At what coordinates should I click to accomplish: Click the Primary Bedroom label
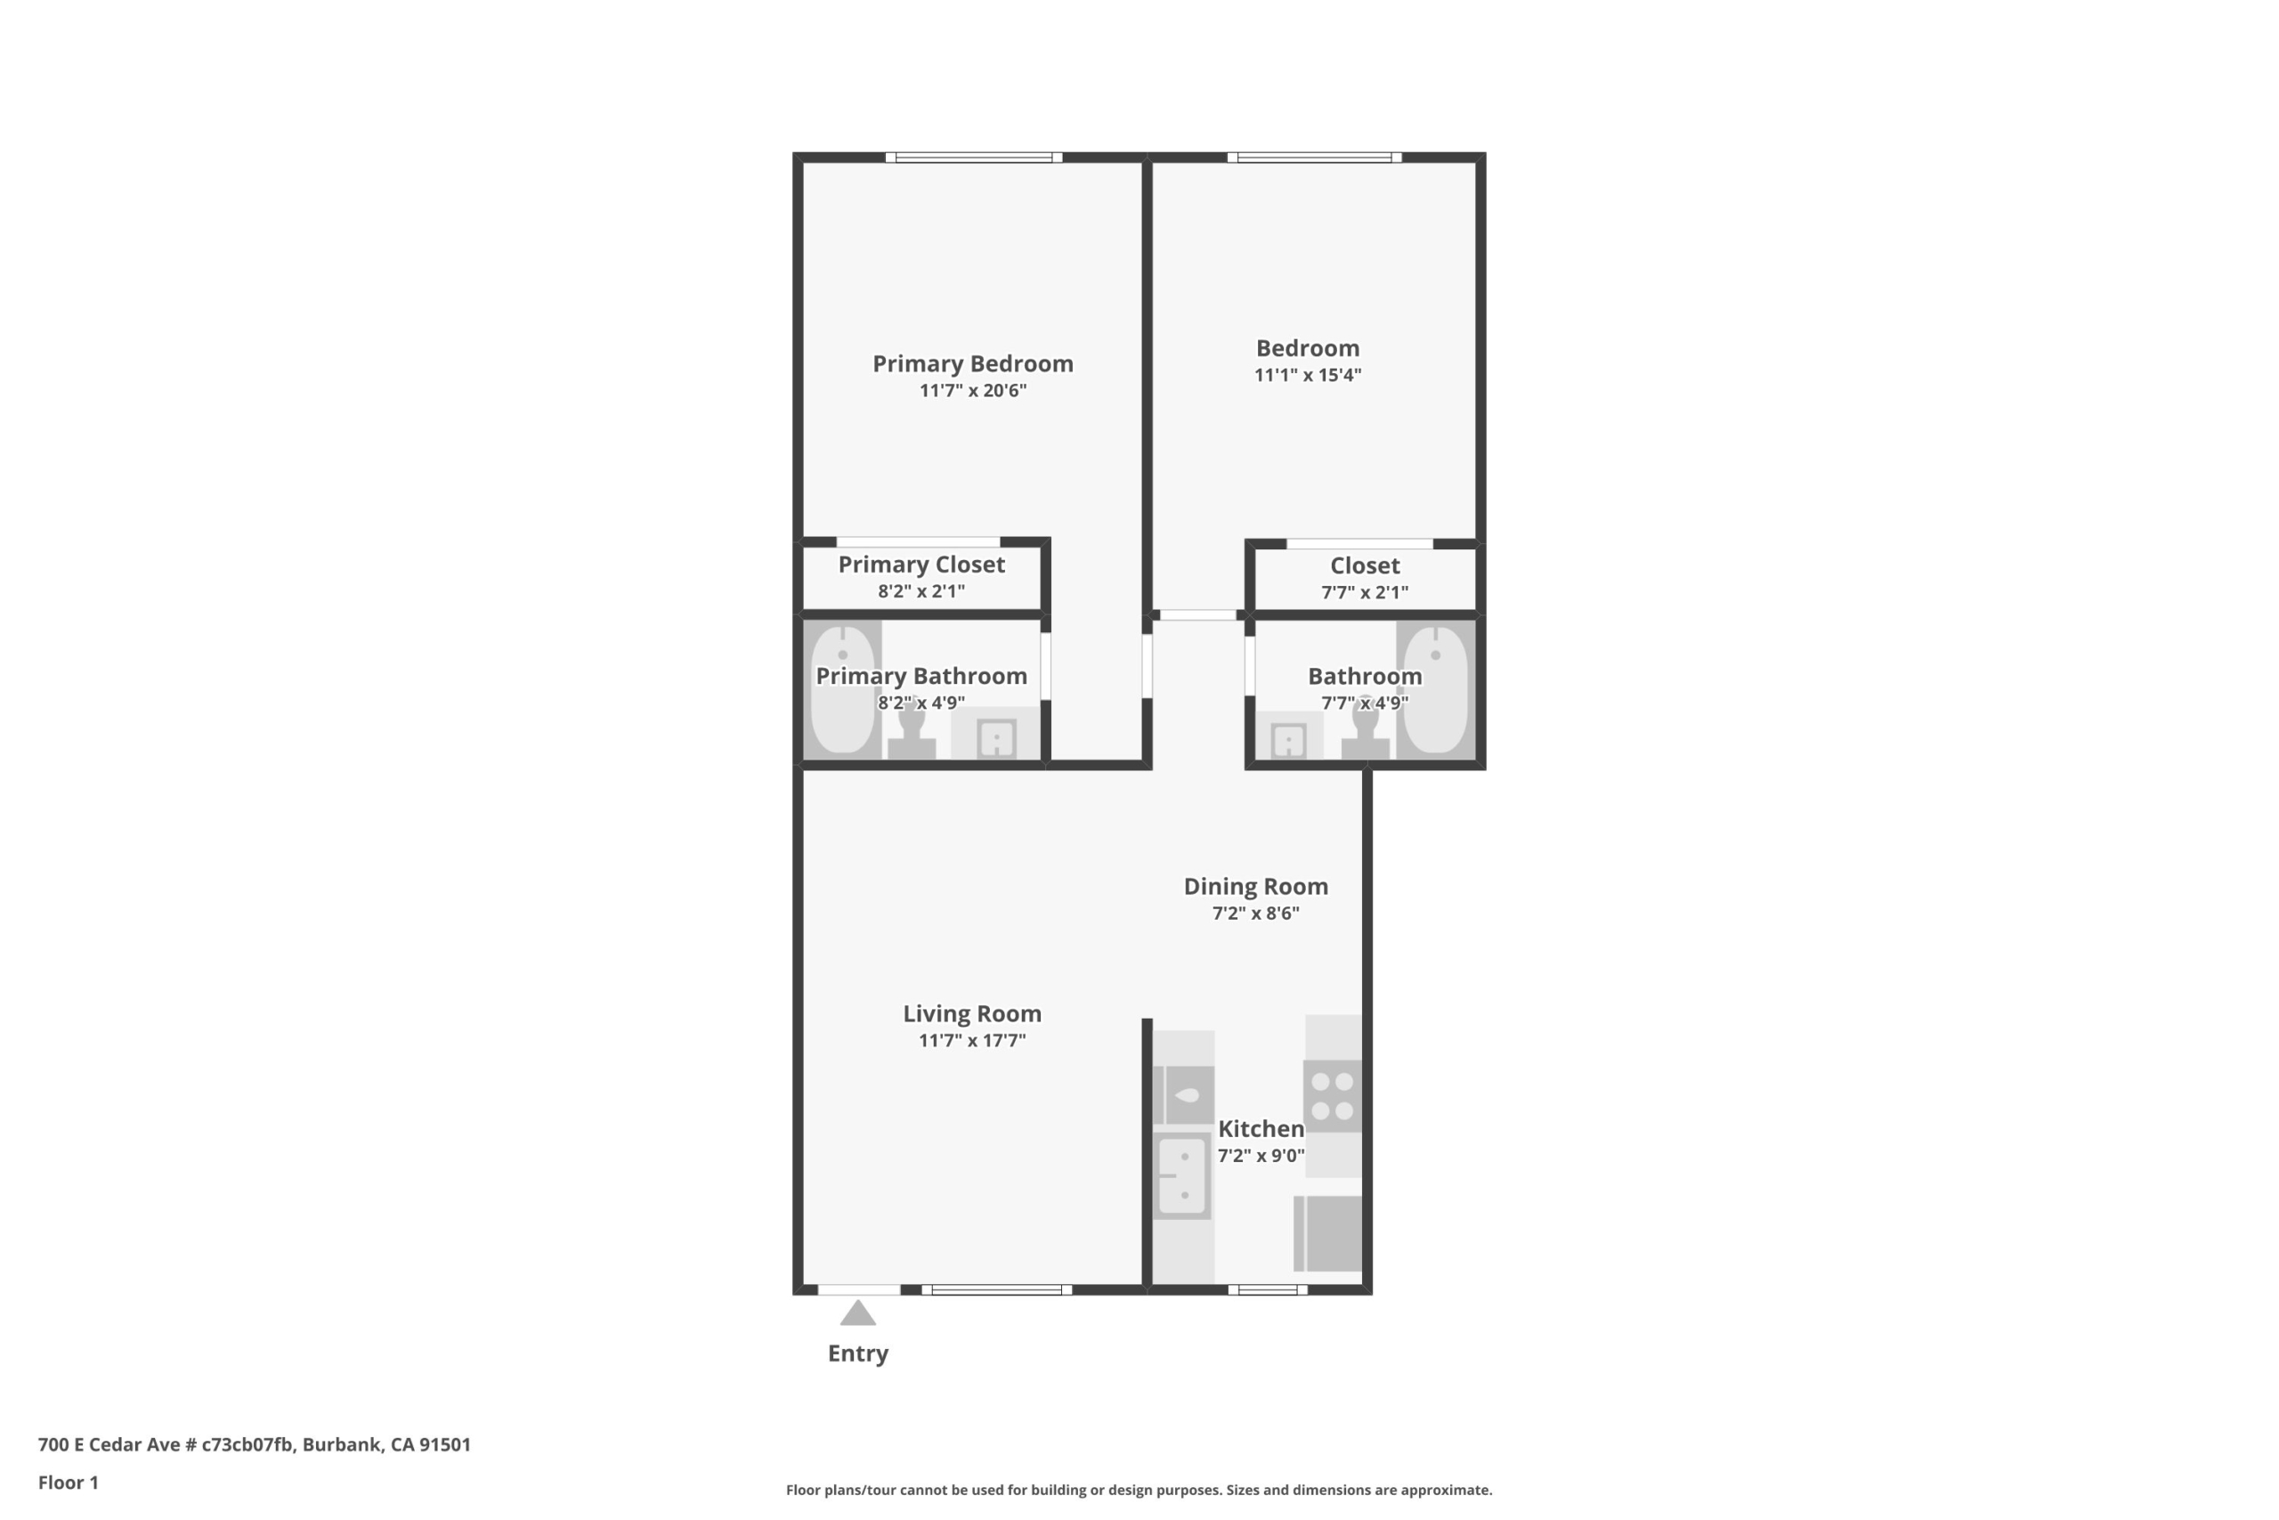(x=973, y=364)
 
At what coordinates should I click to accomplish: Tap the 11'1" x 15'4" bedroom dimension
(x=1308, y=375)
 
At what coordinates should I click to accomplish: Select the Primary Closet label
(x=921, y=565)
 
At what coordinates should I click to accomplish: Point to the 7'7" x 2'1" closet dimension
(x=1366, y=592)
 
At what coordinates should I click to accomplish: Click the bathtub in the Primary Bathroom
(x=843, y=689)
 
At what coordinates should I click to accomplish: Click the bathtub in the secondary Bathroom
(x=1436, y=689)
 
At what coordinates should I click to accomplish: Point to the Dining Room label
(x=1256, y=887)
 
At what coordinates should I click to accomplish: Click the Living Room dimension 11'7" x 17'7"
(x=972, y=1041)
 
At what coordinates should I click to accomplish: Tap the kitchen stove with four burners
(x=1333, y=1096)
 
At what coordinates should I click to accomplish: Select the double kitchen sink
(x=1182, y=1175)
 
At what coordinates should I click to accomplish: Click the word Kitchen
(x=1261, y=1129)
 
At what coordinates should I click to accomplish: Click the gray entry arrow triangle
(x=857, y=1313)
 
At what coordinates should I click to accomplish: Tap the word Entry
(x=857, y=1354)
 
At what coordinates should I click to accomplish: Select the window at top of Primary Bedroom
(x=974, y=157)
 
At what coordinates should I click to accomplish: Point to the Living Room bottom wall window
(x=997, y=1290)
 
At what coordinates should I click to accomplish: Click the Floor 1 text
(x=68, y=1483)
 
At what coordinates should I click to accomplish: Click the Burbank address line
(x=254, y=1444)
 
